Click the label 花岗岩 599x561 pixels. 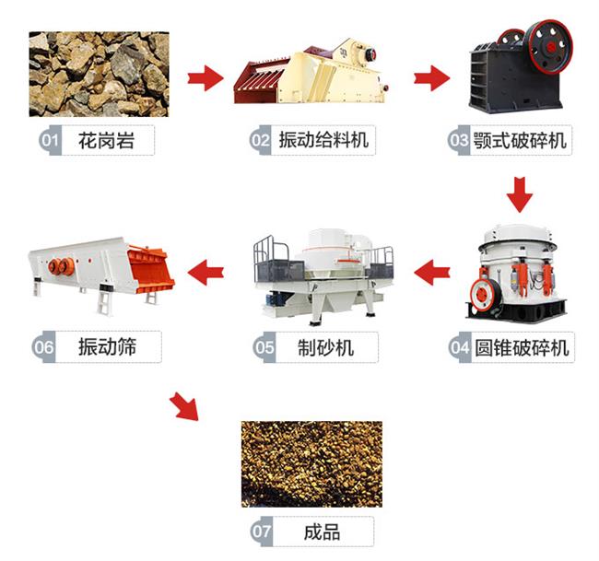106,141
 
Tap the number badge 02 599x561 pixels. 261,140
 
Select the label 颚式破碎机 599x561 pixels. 520,141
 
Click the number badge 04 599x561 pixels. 460,347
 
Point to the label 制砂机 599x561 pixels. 326,347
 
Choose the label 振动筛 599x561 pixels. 107,346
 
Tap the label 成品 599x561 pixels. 322,532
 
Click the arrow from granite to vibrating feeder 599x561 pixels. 206,78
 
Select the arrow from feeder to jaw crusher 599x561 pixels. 431,78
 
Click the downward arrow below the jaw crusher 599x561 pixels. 520,194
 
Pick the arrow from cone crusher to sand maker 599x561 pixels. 431,273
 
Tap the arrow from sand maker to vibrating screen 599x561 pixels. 206,273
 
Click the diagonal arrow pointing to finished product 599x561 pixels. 185,407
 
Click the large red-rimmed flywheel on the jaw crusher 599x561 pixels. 548,47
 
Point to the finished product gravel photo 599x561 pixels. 311,464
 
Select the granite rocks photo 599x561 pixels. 99,74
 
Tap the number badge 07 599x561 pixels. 262,532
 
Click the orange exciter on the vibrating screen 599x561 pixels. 61,266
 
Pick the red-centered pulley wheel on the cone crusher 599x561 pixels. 485,295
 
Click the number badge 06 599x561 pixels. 43,346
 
